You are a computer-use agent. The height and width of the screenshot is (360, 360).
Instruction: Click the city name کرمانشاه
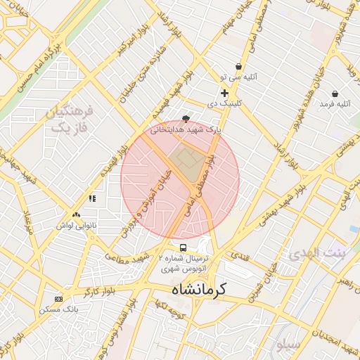(194, 289)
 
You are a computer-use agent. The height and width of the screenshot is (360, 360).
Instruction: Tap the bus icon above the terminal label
(184, 248)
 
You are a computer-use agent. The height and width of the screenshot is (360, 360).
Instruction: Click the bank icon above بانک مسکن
(58, 299)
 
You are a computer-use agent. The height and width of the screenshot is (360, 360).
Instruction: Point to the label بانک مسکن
(59, 309)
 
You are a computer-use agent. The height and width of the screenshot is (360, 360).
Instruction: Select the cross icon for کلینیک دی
(224, 93)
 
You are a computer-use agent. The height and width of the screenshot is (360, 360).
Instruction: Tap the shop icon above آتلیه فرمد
(335, 94)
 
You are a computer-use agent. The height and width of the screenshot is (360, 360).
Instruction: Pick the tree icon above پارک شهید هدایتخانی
(186, 119)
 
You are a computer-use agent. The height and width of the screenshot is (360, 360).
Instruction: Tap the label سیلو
(288, 345)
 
